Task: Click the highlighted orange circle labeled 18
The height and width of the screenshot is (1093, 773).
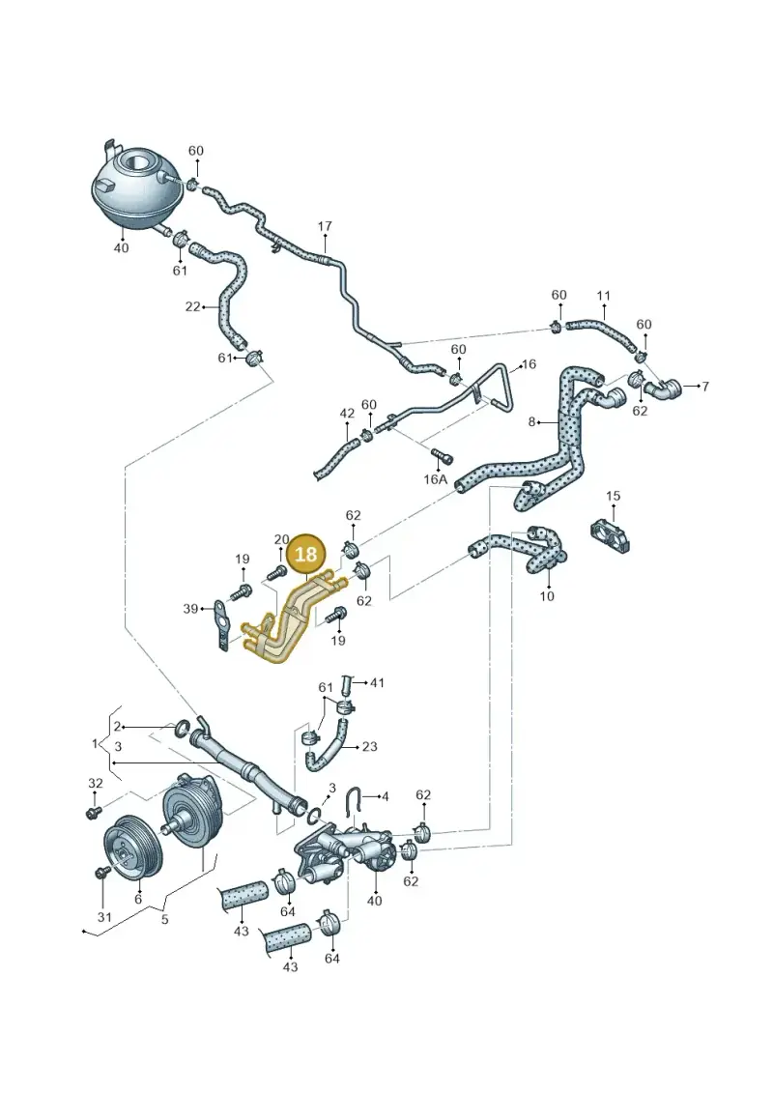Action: (306, 554)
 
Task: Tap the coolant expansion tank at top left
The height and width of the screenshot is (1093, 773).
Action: (134, 188)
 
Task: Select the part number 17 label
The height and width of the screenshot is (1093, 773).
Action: (325, 226)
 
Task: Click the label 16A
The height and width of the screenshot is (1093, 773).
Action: (435, 479)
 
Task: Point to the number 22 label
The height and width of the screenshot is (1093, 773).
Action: (192, 306)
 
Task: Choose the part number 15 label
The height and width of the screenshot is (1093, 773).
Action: (613, 497)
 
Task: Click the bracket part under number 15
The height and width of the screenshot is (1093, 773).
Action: (612, 534)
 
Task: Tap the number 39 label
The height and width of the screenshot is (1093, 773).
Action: (190, 609)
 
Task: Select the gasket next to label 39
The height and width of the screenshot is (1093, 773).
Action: (221, 627)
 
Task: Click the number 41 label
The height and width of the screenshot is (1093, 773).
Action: (377, 683)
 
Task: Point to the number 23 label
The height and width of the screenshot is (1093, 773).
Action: (369, 747)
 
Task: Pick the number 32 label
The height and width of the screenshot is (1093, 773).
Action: (96, 784)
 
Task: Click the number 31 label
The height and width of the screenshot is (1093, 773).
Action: (103, 917)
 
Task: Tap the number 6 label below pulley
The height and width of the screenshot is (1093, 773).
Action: (138, 899)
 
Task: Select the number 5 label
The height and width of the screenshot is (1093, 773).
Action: (164, 919)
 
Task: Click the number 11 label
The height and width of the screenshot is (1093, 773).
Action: (604, 296)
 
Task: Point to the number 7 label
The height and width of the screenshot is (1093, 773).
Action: (704, 386)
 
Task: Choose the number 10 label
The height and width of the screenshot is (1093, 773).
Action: (547, 596)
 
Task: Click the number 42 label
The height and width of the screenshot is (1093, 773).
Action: (347, 414)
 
